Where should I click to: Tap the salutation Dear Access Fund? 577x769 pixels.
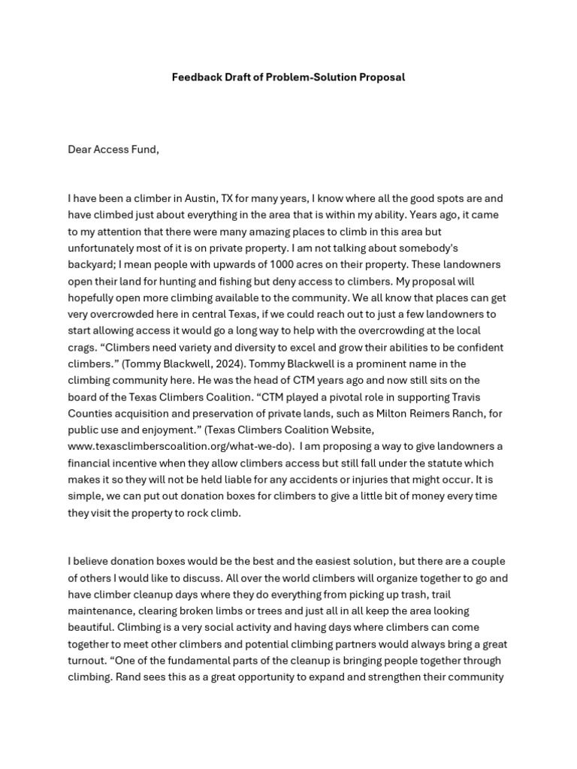point(113,149)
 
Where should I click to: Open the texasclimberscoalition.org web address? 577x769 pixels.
point(180,446)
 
